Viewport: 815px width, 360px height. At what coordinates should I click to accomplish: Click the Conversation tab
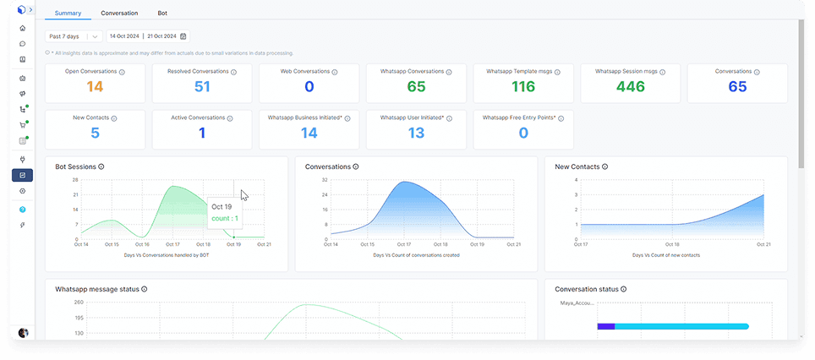pos(119,14)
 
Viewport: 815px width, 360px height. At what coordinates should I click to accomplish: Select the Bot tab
pos(162,14)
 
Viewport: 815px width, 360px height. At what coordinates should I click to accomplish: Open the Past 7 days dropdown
pos(74,36)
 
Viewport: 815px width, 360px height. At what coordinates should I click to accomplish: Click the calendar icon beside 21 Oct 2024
pos(183,36)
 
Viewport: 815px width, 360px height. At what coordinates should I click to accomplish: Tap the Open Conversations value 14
pos(95,87)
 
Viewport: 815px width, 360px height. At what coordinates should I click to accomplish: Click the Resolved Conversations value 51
pos(202,87)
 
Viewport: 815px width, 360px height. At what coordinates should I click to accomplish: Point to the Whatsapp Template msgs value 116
pos(523,87)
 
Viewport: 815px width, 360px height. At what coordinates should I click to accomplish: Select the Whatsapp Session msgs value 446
pos(630,87)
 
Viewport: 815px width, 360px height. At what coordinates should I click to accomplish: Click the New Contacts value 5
pos(95,133)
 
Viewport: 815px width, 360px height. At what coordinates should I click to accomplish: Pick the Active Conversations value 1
pos(202,133)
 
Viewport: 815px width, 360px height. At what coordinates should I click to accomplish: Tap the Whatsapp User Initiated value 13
pos(416,133)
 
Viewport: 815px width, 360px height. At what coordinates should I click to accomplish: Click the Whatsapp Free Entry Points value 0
pos(523,133)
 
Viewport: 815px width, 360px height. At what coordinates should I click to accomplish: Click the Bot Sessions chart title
pos(75,167)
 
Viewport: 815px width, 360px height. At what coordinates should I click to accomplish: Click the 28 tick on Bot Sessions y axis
pos(75,180)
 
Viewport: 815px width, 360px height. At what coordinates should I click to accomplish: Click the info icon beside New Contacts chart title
pos(604,167)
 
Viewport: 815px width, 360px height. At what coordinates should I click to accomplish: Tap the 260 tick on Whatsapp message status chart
pos(79,302)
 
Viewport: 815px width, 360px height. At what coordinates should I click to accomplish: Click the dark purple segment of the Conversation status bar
pos(605,326)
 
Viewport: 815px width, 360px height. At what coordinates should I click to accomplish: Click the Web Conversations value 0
pos(309,87)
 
